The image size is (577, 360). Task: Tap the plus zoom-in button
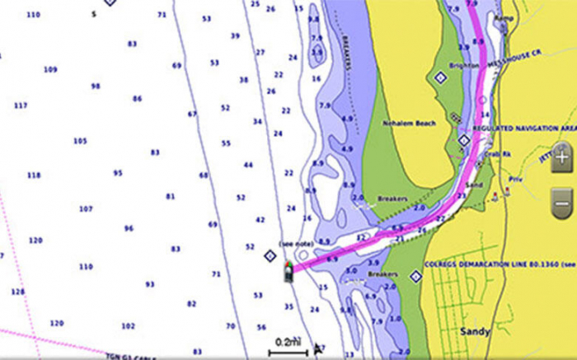561,155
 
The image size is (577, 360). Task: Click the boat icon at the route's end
288,271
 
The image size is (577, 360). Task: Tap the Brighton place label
464,65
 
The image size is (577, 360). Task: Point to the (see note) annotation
297,243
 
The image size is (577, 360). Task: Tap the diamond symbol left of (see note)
269,256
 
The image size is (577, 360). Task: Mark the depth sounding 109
50,69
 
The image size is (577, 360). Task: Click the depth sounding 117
21,105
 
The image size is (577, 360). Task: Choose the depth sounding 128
17,292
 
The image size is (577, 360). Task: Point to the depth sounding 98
96,86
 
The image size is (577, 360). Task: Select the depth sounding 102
128,325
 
